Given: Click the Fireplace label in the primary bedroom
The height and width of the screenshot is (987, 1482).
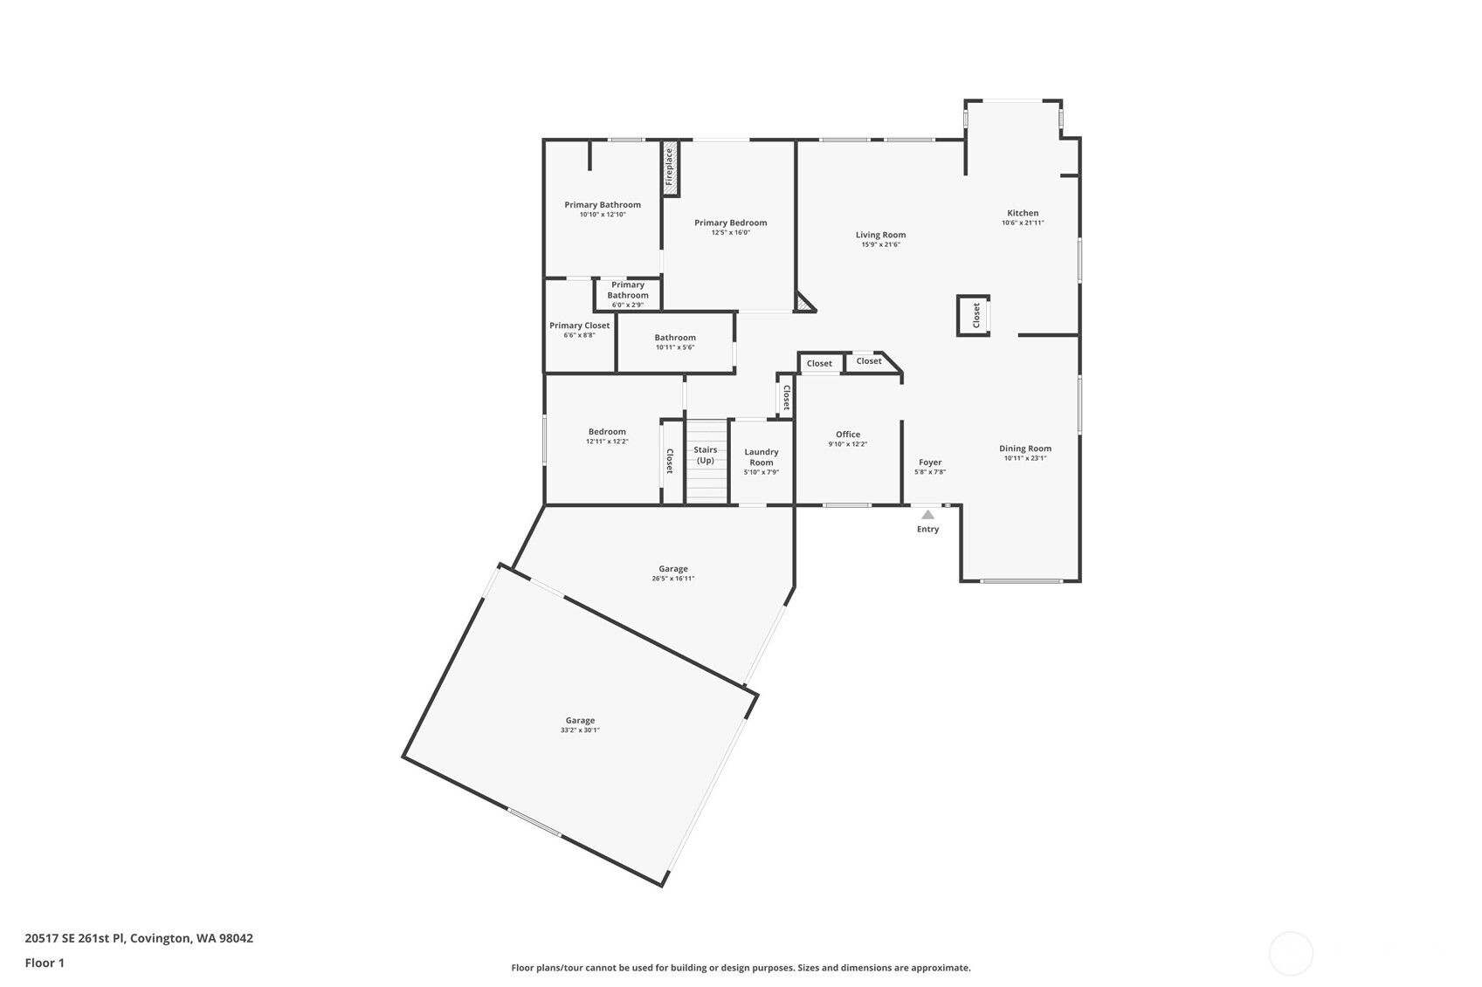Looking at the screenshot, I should [x=670, y=168].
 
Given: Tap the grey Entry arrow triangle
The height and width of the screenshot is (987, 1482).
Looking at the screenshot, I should [x=927, y=515].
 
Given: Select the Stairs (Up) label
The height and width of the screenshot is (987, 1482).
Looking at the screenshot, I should [x=706, y=455].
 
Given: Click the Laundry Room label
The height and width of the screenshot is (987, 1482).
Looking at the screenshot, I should [x=762, y=457].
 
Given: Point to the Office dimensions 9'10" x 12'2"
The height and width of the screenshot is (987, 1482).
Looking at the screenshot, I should [x=847, y=444].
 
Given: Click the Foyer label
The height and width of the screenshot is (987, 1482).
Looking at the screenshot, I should [x=930, y=463].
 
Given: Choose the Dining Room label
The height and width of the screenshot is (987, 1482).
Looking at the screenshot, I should [x=1025, y=449].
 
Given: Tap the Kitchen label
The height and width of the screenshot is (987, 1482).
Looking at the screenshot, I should [x=1023, y=213].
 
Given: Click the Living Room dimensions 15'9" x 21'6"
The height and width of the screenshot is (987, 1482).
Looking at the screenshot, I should [x=880, y=244].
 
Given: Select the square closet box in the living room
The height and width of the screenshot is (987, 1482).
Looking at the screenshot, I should [x=974, y=315].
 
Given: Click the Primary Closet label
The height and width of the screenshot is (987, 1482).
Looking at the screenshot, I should [x=579, y=326].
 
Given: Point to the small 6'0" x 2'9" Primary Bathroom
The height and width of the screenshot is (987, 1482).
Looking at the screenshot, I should [x=628, y=294].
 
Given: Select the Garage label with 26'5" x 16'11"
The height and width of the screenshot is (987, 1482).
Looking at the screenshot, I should [x=673, y=569].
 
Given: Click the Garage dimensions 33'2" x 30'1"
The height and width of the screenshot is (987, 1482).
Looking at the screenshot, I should [x=580, y=730].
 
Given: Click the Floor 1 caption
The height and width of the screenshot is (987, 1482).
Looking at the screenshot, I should [x=45, y=963].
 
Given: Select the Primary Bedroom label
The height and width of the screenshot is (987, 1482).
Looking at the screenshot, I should [x=730, y=223].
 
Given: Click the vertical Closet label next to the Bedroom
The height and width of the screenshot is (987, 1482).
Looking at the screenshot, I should [x=670, y=461].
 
